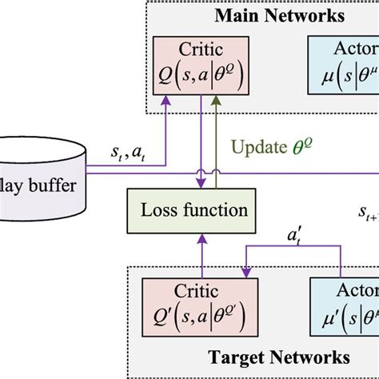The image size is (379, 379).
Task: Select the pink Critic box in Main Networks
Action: (x=202, y=68)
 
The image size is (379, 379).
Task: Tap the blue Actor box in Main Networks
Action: (x=343, y=68)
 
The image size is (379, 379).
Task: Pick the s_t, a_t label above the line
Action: (x=128, y=152)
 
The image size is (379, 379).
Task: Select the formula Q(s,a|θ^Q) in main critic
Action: (x=202, y=78)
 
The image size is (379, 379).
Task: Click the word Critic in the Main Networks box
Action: (x=202, y=50)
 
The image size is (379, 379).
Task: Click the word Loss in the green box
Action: (x=163, y=211)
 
